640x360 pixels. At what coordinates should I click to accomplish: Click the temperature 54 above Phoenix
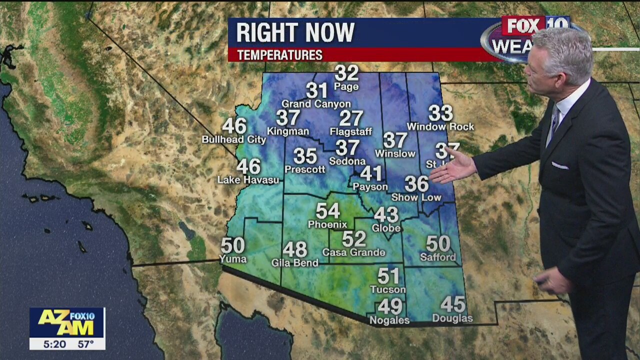[x=327, y=211]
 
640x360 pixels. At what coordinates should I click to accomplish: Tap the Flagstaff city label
[x=351, y=132]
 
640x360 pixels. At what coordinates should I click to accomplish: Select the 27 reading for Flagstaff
[x=351, y=118]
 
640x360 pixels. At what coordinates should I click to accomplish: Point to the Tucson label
[x=388, y=289]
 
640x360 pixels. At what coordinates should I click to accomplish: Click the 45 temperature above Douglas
[x=453, y=304]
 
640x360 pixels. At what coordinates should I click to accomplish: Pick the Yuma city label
[x=233, y=259]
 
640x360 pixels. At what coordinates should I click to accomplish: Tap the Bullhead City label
[x=234, y=140]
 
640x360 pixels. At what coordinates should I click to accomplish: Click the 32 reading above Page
[x=346, y=73]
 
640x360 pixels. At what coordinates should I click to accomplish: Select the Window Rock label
[x=440, y=127]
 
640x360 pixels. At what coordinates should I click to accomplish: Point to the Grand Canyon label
[x=316, y=104]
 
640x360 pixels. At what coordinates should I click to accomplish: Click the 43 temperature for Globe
[x=386, y=214]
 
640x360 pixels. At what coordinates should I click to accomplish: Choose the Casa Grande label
[x=354, y=252]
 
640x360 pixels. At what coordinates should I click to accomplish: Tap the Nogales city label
[x=389, y=320]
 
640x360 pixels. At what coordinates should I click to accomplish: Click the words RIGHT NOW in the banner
[x=295, y=33]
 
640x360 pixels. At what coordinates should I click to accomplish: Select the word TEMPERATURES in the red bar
[x=280, y=55]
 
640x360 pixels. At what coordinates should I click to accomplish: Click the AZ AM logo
[x=66, y=322]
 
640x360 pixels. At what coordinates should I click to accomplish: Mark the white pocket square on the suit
[x=559, y=165]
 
